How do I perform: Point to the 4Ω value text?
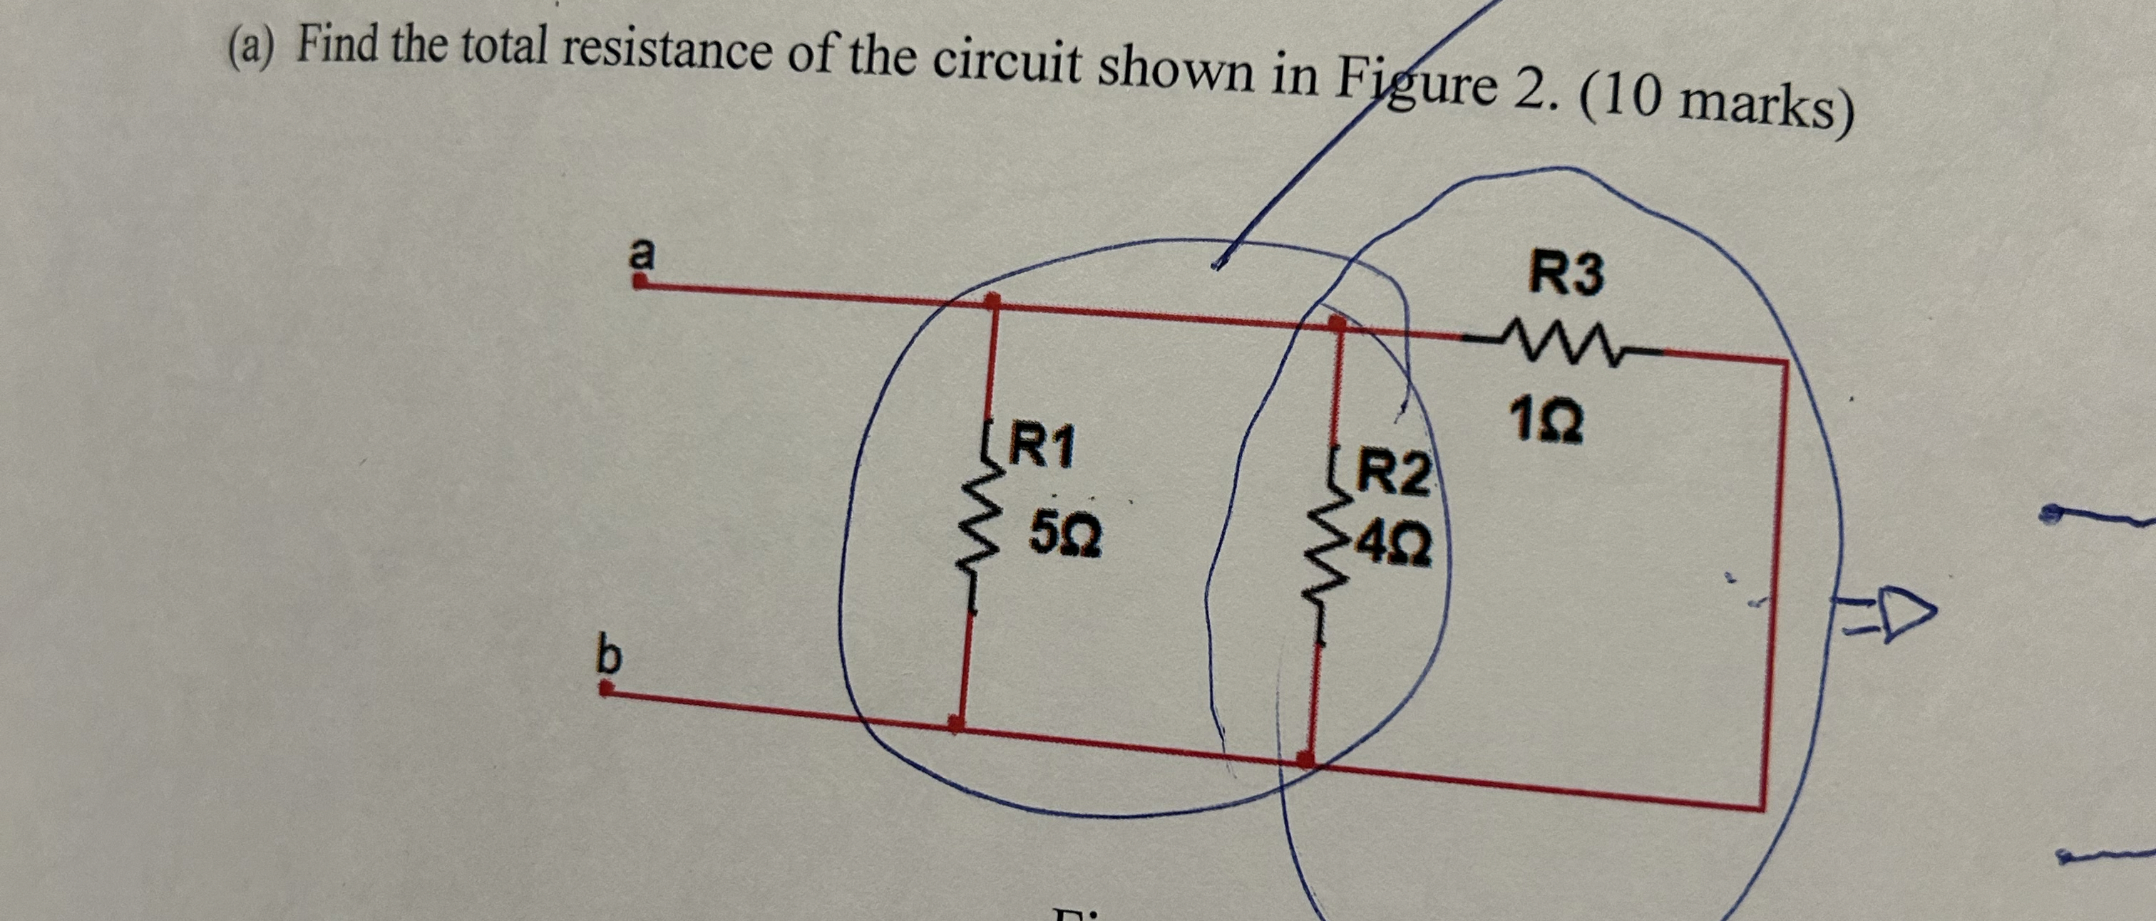(1394, 546)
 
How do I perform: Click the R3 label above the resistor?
(1566, 274)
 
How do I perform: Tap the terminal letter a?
(642, 254)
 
